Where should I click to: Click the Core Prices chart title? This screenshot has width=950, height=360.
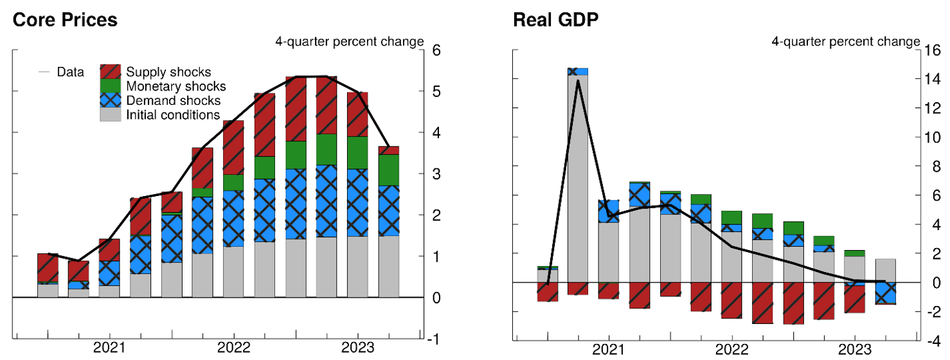tap(65, 20)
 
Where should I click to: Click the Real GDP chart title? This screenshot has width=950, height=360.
tap(555, 20)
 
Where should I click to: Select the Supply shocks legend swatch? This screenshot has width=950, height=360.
tap(111, 71)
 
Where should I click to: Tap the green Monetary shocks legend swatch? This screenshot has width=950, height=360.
tap(111, 85)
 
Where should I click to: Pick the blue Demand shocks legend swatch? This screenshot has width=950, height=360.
tap(111, 100)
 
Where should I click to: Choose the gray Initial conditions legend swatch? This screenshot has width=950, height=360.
tap(111, 114)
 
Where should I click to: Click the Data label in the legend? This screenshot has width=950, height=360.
tap(70, 72)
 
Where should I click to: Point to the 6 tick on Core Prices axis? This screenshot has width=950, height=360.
tap(436, 50)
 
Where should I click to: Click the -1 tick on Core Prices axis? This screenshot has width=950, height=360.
tap(434, 339)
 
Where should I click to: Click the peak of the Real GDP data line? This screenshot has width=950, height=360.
tap(577, 81)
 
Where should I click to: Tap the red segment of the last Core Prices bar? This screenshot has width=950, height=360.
tap(388, 150)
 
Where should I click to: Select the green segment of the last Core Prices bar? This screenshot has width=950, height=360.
tap(388, 170)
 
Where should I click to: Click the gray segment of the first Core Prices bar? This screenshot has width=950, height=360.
tap(48, 291)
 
